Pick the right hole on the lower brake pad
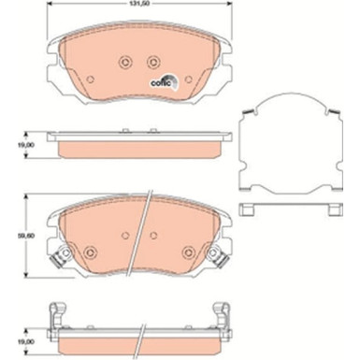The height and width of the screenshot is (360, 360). [187, 251]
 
